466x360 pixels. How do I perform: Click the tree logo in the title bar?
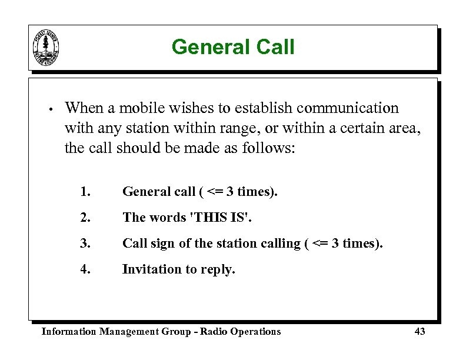(45, 47)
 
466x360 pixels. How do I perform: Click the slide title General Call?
(233, 47)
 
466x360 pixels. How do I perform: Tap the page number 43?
(420, 332)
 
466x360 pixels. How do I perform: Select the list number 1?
(86, 192)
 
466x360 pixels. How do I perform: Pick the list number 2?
(86, 218)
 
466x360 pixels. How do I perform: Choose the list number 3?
(86, 244)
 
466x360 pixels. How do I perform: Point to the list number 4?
(86, 269)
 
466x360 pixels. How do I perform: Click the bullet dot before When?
(52, 109)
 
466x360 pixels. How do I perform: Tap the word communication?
(348, 108)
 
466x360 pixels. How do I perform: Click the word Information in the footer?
(68, 332)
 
